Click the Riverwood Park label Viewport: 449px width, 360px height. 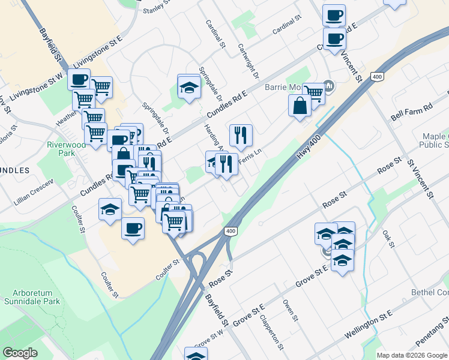[x=58, y=149]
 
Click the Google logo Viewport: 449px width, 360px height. [x=20, y=353]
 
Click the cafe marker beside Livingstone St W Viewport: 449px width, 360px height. [x=79, y=79]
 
